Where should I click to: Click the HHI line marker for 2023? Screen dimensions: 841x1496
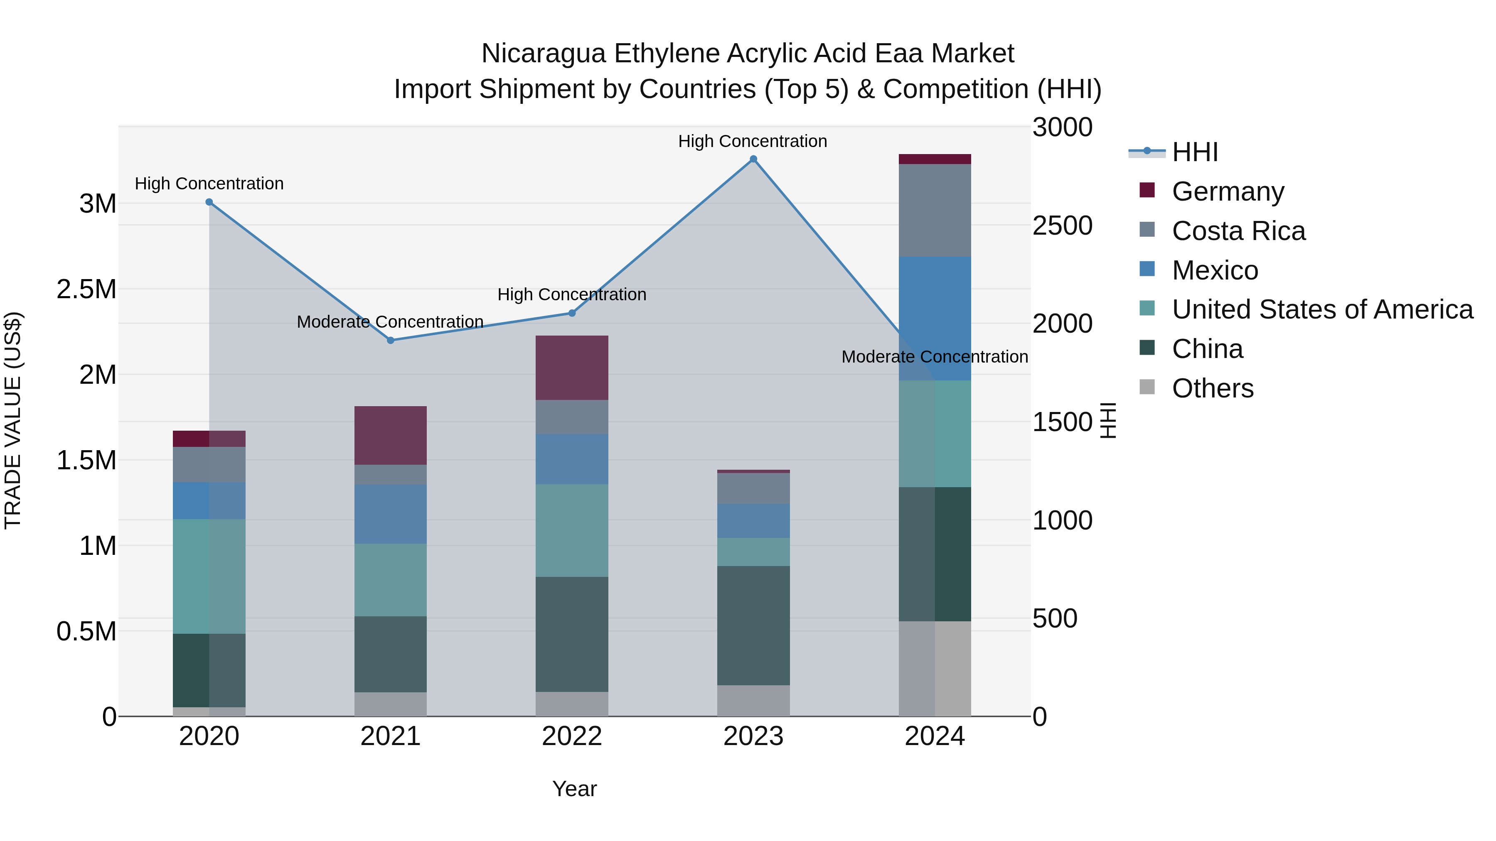[753, 159]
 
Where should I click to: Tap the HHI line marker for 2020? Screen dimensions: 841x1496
[209, 202]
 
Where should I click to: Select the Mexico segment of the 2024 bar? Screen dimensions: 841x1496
[935, 318]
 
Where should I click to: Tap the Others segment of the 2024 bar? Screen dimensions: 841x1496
[935, 669]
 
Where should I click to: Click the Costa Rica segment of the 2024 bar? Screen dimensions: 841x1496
[935, 210]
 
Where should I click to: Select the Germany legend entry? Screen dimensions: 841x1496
[1227, 191]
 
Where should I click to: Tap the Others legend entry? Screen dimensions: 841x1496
[1212, 388]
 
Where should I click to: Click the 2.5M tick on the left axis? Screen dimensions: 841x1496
[86, 289]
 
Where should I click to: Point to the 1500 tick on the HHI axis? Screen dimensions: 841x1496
[1062, 422]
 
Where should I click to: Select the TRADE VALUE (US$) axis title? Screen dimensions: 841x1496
[13, 420]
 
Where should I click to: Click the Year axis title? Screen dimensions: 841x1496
[574, 789]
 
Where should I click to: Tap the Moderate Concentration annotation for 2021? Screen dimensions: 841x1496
[390, 321]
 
